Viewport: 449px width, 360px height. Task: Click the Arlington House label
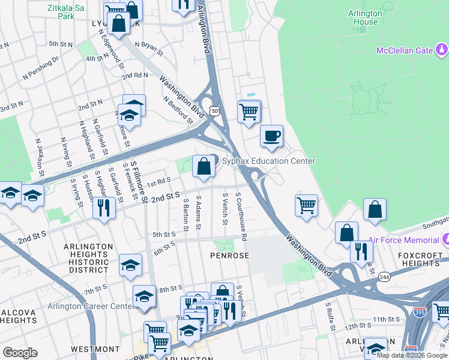tap(364, 17)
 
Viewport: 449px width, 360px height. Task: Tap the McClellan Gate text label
tap(404, 50)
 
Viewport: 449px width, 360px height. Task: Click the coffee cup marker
tap(271, 136)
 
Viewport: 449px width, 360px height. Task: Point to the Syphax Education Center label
tap(268, 161)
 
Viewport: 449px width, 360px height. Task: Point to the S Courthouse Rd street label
tap(241, 216)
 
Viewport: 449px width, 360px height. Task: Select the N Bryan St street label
tap(149, 49)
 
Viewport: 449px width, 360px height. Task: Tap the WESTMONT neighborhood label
tap(95, 349)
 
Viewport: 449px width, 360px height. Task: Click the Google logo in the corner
tap(20, 352)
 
